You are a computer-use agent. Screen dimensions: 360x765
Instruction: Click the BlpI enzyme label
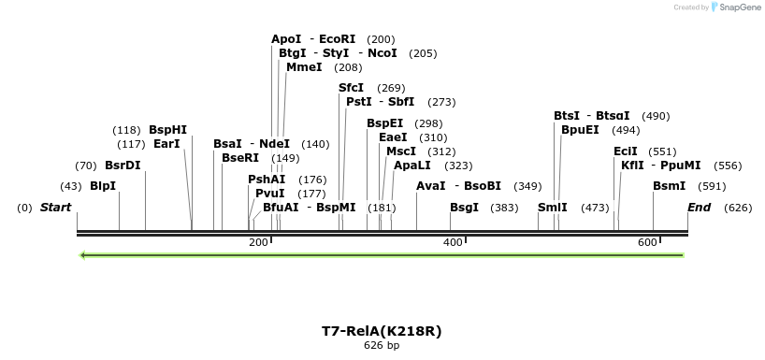tap(103, 186)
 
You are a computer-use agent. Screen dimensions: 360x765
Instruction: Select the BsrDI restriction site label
tap(123, 166)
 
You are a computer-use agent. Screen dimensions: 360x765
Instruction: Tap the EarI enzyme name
tap(166, 144)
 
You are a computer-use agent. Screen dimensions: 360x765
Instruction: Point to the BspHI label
tap(167, 130)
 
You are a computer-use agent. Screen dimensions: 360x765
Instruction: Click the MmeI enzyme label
tap(304, 67)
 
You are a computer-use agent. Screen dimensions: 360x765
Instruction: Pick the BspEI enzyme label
tap(384, 123)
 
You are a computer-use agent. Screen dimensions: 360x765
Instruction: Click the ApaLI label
tap(412, 166)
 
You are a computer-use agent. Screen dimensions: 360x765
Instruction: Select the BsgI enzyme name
tap(464, 207)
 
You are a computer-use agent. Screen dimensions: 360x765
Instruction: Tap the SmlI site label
tap(552, 207)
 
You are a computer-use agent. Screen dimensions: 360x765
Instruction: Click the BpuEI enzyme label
tap(580, 130)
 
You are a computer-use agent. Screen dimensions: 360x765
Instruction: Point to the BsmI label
tap(669, 186)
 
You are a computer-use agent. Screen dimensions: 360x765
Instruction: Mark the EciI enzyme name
tap(625, 151)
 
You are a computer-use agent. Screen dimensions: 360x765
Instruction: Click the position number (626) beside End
tap(738, 207)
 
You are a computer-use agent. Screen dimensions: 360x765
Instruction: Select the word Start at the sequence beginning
tap(55, 207)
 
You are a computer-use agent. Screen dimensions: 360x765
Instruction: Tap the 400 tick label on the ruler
tap(453, 243)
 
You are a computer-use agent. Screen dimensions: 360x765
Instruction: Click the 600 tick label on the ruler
tap(647, 243)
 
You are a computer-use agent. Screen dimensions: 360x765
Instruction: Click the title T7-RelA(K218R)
tap(382, 331)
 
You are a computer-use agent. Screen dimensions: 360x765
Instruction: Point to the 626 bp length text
tap(382, 345)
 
